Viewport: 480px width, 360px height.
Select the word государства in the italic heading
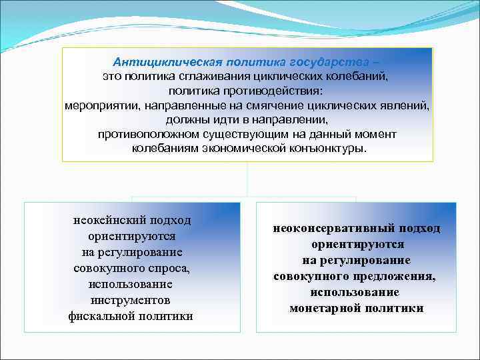(x=337, y=61)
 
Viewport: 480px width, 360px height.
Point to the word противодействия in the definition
(x=278, y=91)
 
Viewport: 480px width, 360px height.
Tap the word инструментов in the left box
(x=131, y=300)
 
